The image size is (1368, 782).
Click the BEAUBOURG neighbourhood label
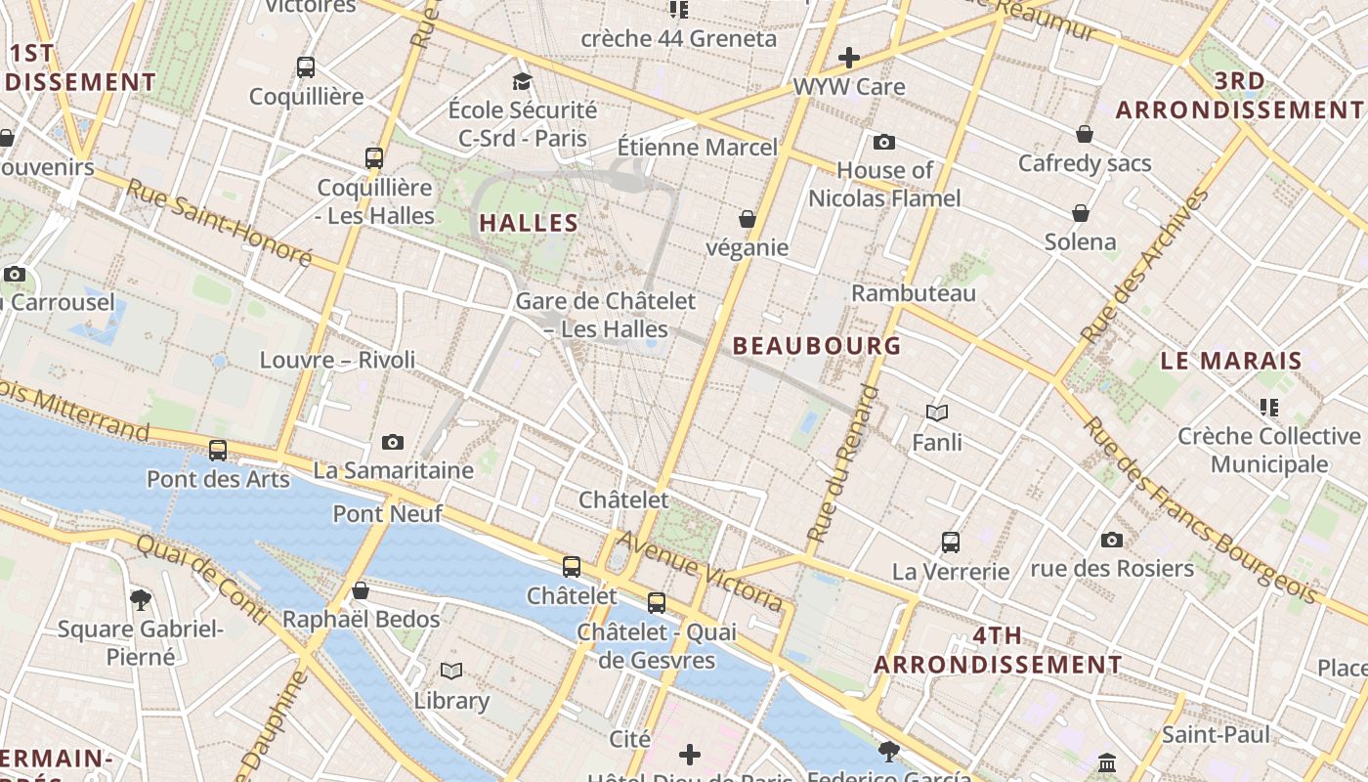(x=816, y=346)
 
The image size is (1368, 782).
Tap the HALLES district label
(x=529, y=223)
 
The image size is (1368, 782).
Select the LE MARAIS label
(x=1231, y=361)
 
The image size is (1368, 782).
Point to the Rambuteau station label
(x=914, y=293)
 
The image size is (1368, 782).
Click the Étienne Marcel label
(x=698, y=148)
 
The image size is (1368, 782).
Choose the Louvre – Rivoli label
(x=337, y=360)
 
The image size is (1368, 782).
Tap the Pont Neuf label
(x=388, y=513)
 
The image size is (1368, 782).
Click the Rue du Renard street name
(x=842, y=464)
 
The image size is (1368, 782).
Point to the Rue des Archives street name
(x=1144, y=266)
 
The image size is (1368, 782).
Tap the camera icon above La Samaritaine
(x=393, y=443)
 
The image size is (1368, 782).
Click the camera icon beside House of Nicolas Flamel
(x=884, y=143)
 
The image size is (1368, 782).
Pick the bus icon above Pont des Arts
(x=218, y=451)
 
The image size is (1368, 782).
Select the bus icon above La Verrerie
(x=950, y=543)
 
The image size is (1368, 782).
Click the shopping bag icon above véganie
(x=748, y=219)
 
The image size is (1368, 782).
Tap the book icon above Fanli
(x=937, y=413)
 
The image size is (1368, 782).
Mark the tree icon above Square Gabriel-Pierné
(x=141, y=599)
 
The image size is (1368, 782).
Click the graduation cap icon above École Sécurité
(x=523, y=81)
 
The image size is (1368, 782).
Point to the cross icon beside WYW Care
(x=848, y=58)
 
